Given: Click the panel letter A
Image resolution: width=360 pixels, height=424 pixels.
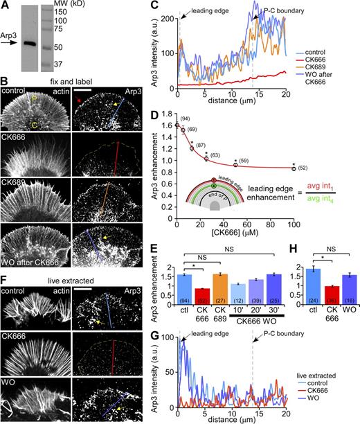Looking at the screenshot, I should click(6, 6).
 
